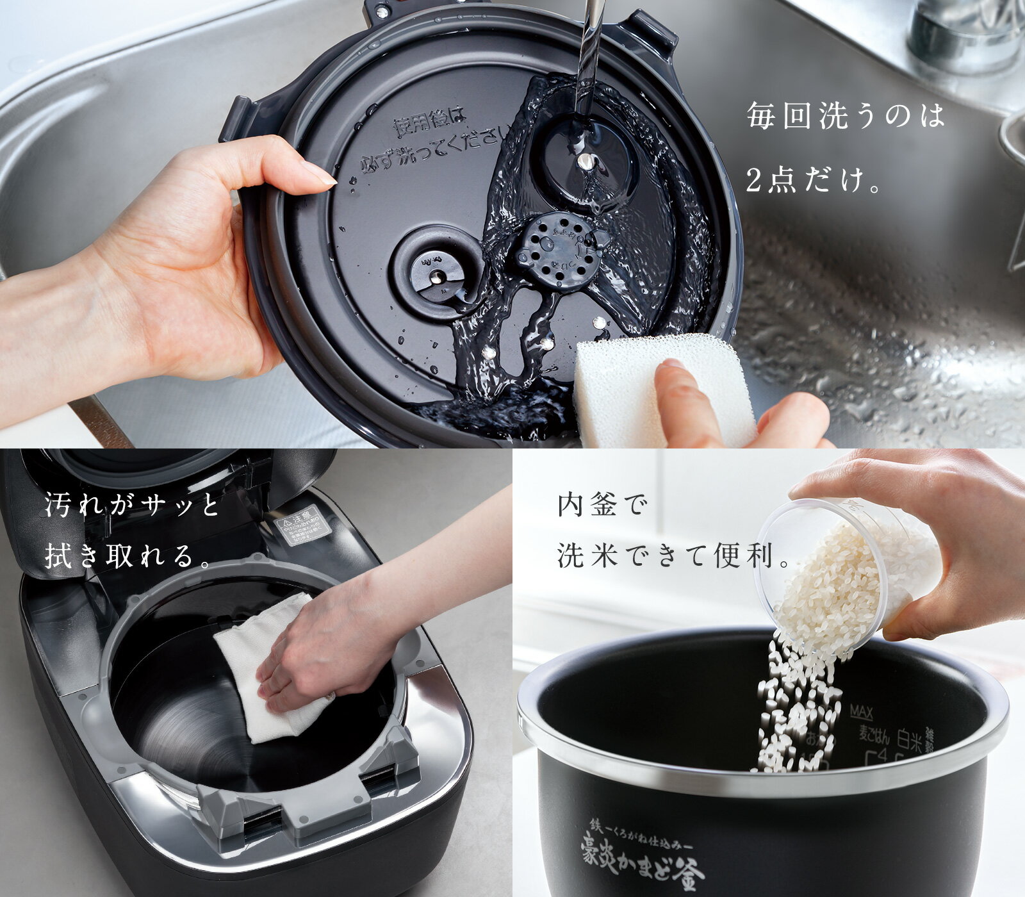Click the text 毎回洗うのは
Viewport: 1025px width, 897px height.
tap(846, 117)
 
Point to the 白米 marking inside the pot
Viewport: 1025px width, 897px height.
tap(909, 743)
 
